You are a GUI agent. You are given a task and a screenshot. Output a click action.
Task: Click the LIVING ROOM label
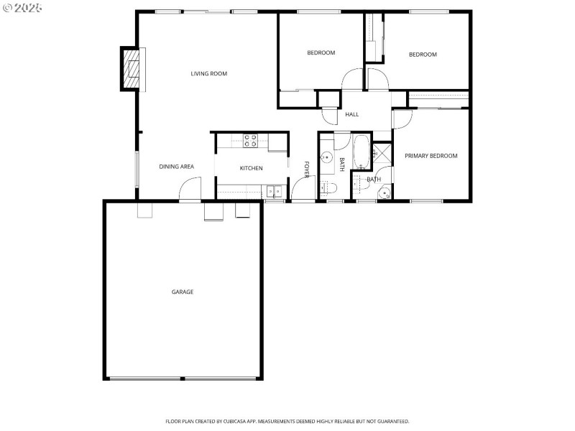(209, 73)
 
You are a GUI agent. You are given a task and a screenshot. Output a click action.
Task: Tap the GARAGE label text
(182, 292)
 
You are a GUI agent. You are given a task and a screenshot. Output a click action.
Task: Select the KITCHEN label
(251, 168)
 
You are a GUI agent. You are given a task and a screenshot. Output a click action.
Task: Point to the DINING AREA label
(176, 167)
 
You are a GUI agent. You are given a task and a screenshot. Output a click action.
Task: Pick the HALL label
(352, 115)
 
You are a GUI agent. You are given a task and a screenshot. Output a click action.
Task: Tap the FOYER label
(307, 170)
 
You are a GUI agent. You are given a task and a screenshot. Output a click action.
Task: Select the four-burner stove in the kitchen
(251, 141)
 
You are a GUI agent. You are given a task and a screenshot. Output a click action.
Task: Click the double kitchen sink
(274, 191)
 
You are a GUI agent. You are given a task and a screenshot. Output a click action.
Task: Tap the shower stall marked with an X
(382, 152)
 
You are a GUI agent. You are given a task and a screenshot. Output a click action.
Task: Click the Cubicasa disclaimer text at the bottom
(287, 421)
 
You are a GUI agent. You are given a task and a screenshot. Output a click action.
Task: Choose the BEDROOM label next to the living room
(321, 52)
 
